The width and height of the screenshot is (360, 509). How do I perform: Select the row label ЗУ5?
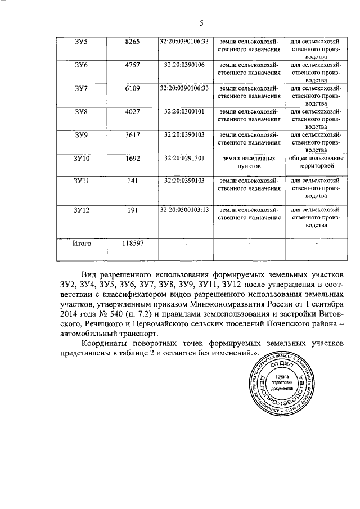[x=82, y=41]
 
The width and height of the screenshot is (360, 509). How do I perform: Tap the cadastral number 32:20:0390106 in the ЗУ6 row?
[x=184, y=65]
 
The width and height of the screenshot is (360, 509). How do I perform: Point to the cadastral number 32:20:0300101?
[x=184, y=111]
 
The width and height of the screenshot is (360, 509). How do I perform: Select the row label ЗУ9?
[x=82, y=135]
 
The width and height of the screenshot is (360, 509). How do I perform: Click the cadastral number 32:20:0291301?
[x=184, y=159]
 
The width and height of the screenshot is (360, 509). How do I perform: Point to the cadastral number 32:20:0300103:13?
[x=184, y=209]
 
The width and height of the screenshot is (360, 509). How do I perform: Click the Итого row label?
[x=82, y=244]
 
